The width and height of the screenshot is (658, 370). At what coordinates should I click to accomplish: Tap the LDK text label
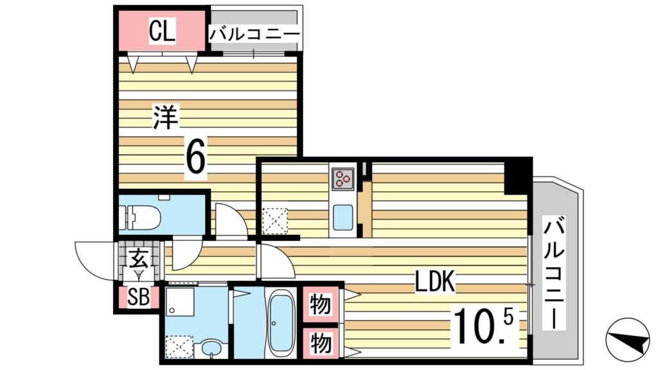(x=435, y=282)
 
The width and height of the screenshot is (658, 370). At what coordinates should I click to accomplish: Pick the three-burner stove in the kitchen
(x=342, y=178)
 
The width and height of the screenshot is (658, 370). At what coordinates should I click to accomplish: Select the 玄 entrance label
(x=138, y=260)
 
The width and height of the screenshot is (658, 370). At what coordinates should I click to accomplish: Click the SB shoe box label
(x=138, y=297)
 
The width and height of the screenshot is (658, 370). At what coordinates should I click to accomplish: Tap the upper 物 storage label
(x=321, y=304)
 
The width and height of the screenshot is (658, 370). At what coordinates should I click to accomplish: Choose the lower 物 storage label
(x=321, y=342)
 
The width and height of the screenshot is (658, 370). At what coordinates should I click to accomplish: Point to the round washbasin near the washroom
(x=211, y=348)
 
